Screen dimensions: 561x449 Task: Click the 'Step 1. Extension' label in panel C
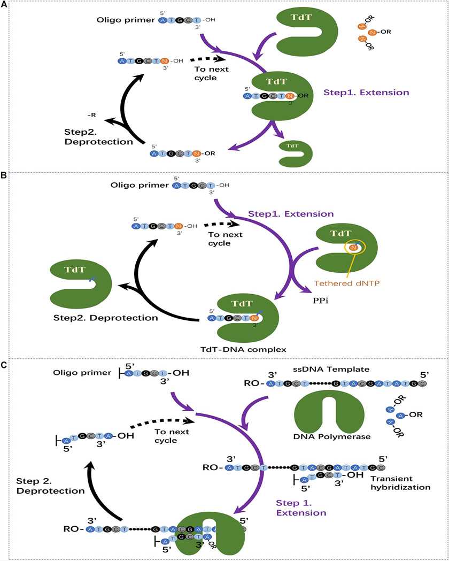(x=301, y=508)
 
